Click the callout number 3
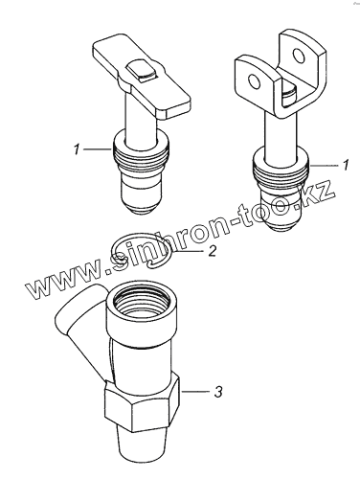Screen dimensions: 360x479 [218, 392]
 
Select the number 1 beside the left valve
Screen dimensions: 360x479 [77, 149]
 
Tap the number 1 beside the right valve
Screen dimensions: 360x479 [346, 165]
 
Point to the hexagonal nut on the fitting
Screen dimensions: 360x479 [142, 403]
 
